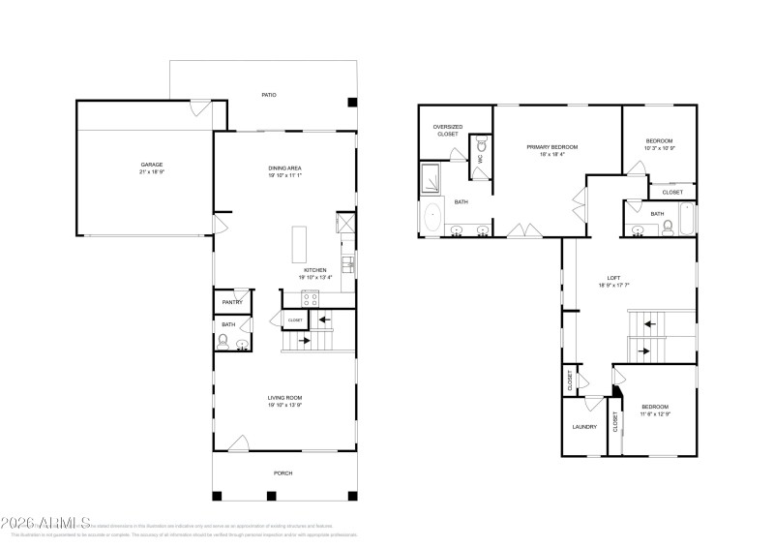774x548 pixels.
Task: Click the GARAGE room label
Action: [152, 165]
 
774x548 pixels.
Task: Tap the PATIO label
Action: [270, 95]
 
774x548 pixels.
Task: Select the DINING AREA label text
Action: [285, 168]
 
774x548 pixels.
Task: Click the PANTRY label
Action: [232, 302]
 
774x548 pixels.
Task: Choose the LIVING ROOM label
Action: [285, 398]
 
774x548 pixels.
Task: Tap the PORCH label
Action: [283, 472]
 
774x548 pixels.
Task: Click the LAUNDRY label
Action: [584, 426]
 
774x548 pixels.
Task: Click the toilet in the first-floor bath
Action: [223, 340]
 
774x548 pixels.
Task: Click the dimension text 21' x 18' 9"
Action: [152, 172]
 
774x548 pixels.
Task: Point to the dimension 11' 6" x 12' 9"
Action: [655, 413]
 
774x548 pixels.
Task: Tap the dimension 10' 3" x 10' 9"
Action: [659, 148]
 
